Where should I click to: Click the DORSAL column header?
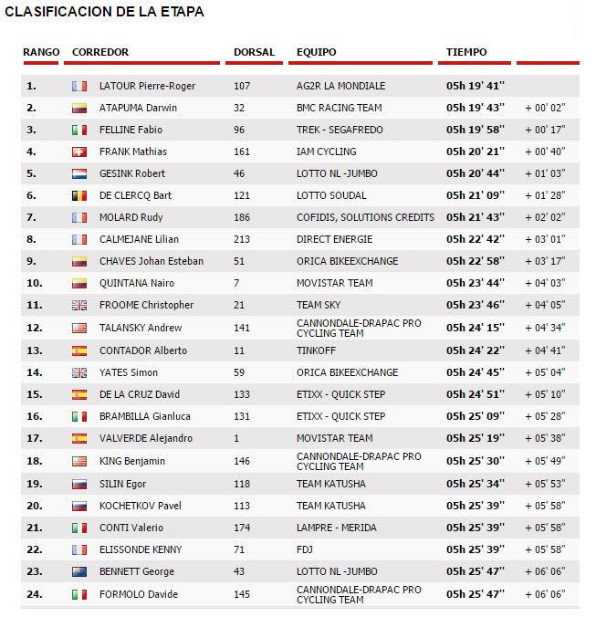(x=254, y=52)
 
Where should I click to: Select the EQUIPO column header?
(x=316, y=52)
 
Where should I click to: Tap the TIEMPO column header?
(x=466, y=52)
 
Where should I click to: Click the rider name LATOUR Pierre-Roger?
(x=147, y=86)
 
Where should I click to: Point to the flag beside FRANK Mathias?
(x=79, y=152)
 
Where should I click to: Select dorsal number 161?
(x=241, y=152)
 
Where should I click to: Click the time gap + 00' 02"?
(x=545, y=108)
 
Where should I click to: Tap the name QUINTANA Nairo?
(x=136, y=283)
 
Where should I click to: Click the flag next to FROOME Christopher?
(x=79, y=305)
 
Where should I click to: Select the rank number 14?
(x=32, y=372)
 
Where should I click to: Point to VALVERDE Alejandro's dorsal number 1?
(x=235, y=438)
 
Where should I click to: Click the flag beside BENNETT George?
(x=79, y=571)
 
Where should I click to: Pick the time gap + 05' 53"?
(x=545, y=484)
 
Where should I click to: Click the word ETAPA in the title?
(x=179, y=12)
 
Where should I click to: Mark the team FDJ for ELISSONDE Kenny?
(x=305, y=549)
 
